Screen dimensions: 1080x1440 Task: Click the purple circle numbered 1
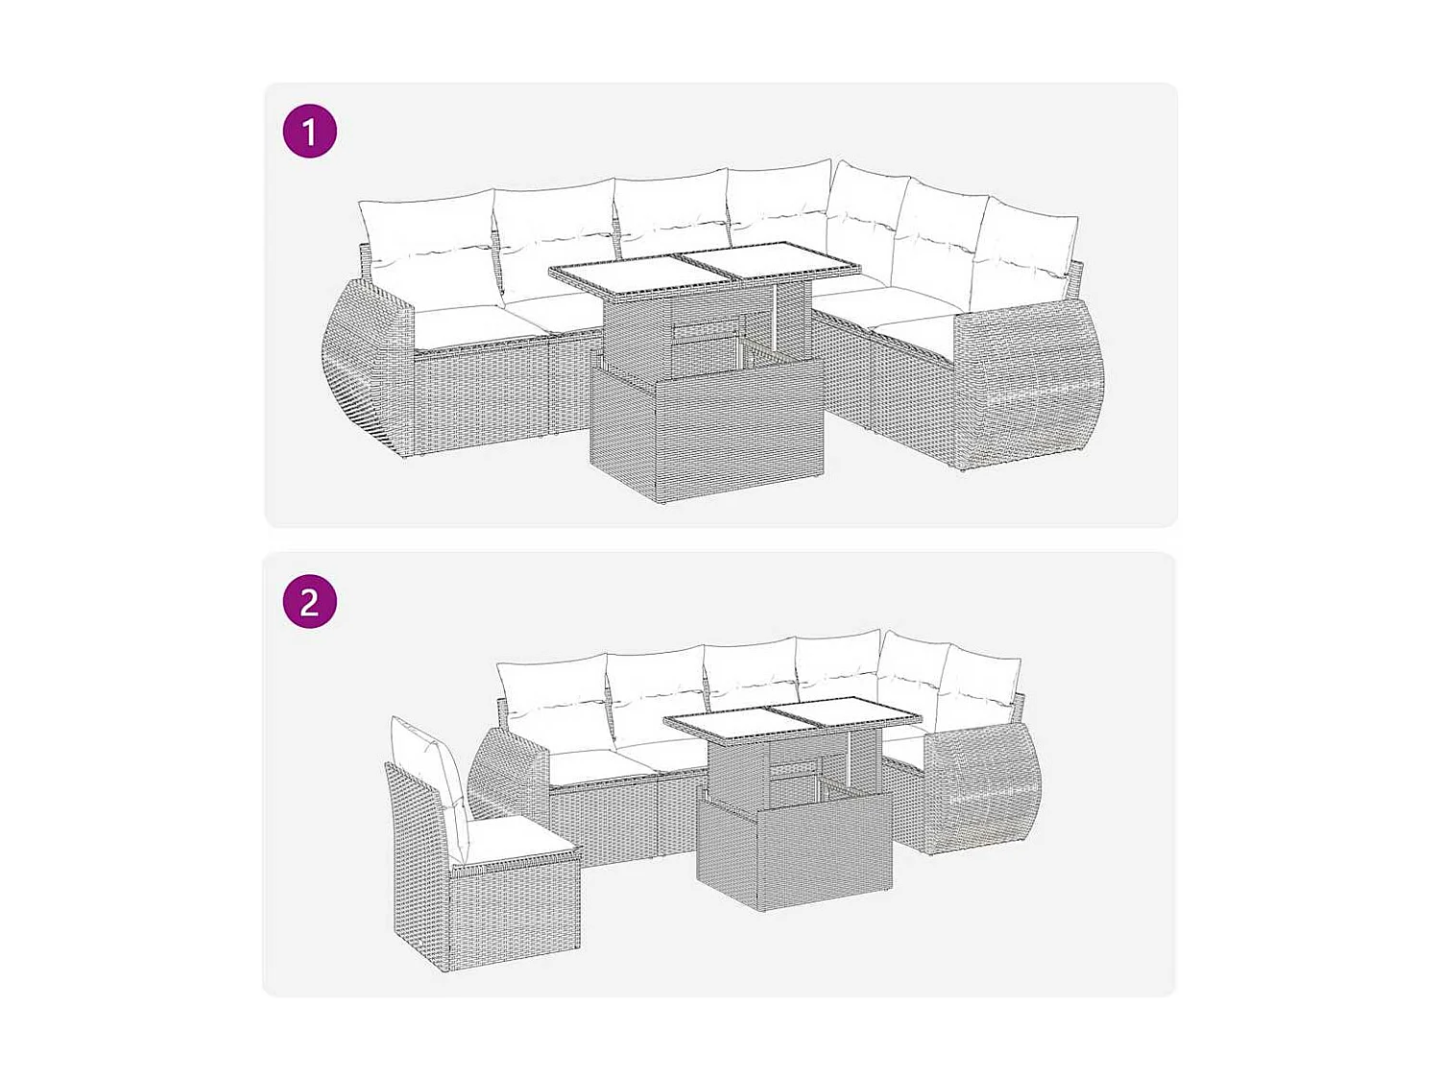click(x=309, y=132)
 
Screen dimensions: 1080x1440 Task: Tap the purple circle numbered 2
click(x=309, y=602)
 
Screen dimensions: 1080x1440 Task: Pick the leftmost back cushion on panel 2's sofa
click(x=552, y=691)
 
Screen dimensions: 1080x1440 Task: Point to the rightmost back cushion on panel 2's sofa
click(x=979, y=686)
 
